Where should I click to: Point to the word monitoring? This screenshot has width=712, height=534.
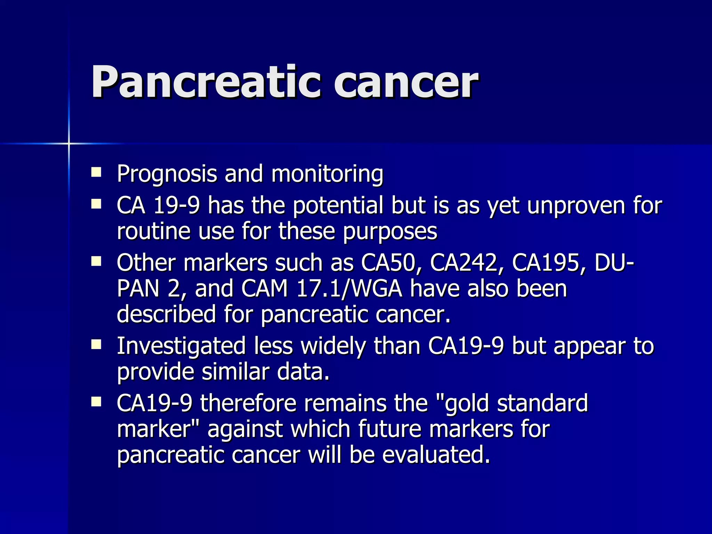point(327,174)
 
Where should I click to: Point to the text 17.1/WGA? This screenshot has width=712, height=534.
point(349,289)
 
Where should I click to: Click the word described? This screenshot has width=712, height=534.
point(166,314)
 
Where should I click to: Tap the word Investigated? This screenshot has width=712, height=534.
point(181,346)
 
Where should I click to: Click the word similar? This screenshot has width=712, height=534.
point(235,372)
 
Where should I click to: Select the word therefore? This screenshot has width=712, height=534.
point(248,403)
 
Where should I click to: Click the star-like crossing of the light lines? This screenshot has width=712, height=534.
point(69,143)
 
